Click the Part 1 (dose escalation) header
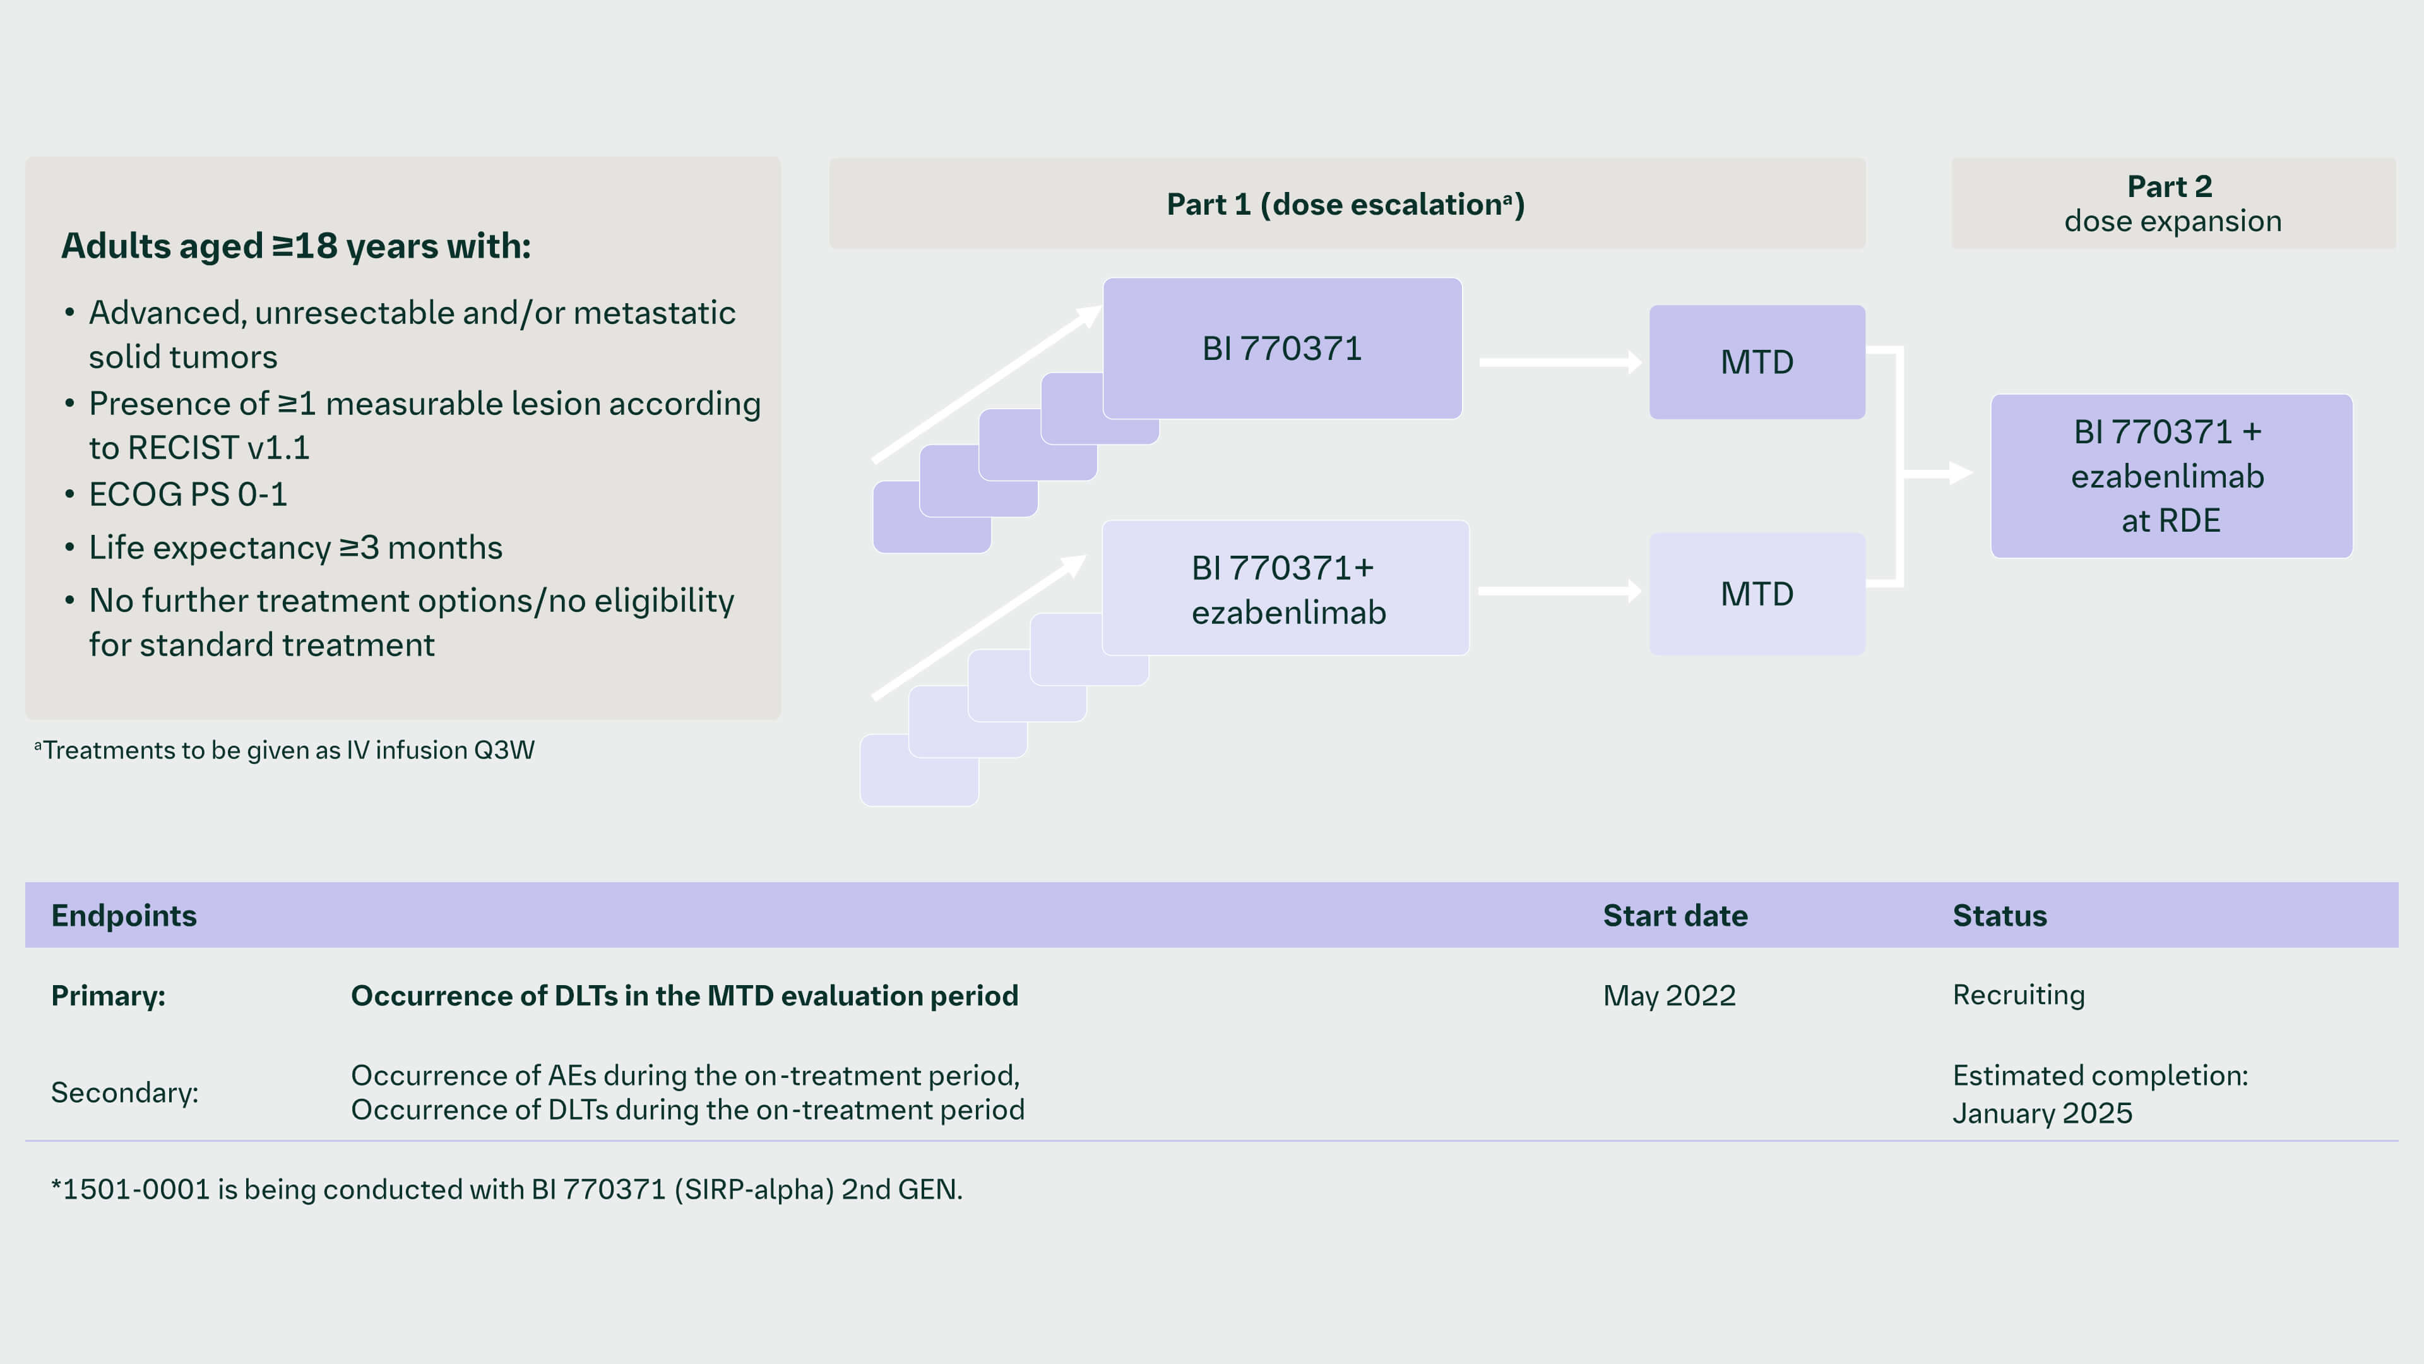tap(1346, 204)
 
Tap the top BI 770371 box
tap(1281, 349)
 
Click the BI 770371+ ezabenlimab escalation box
tap(1285, 589)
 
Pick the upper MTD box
tap(1756, 362)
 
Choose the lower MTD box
tap(1756, 594)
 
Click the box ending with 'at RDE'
tap(2170, 476)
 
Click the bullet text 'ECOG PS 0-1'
tap(187, 494)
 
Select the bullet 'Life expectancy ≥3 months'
tap(295, 548)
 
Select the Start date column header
tap(1674, 916)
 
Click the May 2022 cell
tap(1668, 996)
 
